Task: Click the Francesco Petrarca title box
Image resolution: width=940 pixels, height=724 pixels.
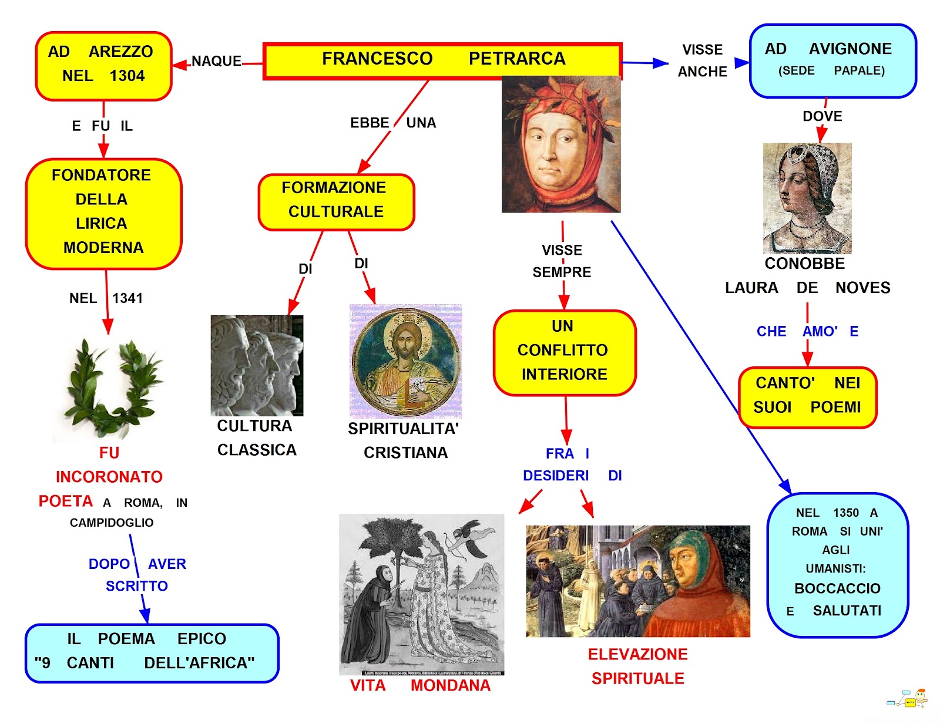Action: (x=442, y=59)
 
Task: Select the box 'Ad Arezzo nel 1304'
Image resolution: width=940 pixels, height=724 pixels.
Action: (x=103, y=65)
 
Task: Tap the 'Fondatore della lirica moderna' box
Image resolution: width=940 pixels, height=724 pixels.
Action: (x=103, y=213)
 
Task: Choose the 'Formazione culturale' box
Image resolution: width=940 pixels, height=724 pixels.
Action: (x=336, y=201)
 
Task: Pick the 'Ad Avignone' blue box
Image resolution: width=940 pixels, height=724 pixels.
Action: (x=832, y=60)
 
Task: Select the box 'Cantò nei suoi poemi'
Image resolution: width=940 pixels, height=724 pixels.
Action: (x=807, y=396)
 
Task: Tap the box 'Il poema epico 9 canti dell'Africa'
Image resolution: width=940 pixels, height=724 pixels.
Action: (x=152, y=652)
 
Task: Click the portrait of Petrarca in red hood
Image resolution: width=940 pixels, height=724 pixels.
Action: (x=561, y=144)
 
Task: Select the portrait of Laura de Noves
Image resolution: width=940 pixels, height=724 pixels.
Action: (x=807, y=197)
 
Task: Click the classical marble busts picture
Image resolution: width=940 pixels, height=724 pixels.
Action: (x=257, y=365)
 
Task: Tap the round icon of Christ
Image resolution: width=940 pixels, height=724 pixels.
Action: (x=405, y=361)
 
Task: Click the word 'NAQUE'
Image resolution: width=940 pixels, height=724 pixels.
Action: (x=216, y=61)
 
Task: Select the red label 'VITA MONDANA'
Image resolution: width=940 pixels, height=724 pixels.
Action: (x=420, y=685)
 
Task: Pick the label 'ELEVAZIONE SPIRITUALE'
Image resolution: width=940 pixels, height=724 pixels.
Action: (x=638, y=666)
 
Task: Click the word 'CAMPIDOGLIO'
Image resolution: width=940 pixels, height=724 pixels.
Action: (x=112, y=523)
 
